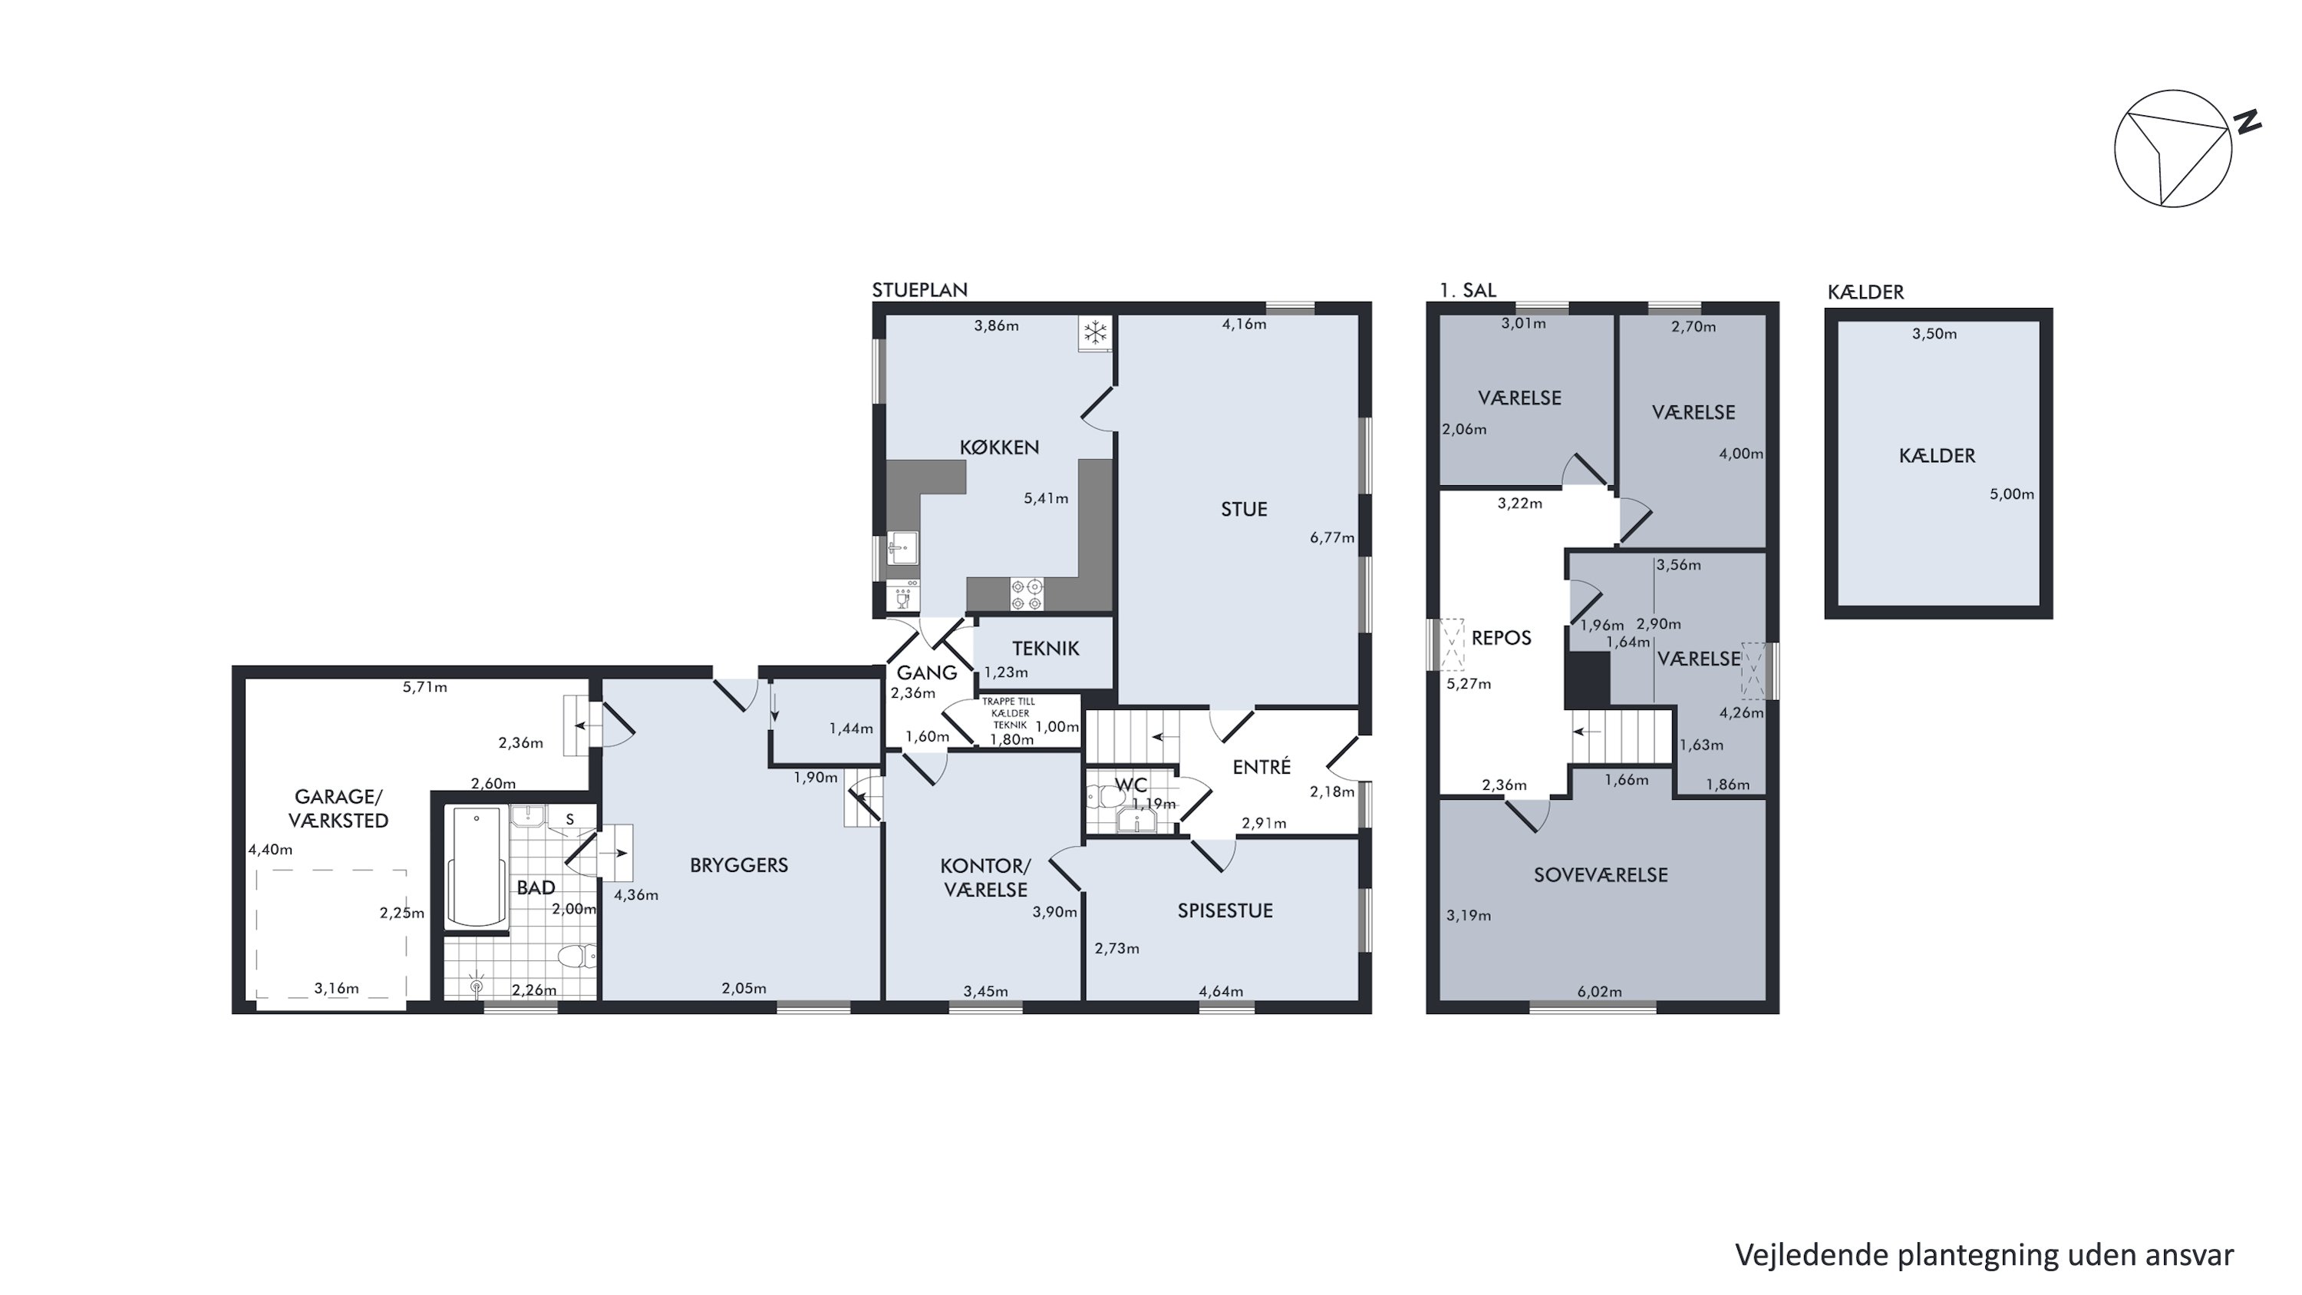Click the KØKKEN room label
(999, 447)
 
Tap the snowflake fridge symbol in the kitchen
(1096, 333)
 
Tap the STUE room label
(1244, 510)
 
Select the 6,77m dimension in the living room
(1332, 538)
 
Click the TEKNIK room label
(1046, 649)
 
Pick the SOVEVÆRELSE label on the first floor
(1601, 875)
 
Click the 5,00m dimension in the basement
(2012, 494)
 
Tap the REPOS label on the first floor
(1502, 638)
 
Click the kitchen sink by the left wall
(902, 547)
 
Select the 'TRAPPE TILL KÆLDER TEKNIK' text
(1010, 713)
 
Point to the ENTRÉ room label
(1261, 767)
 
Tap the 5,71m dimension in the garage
(424, 687)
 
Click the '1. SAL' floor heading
(1468, 290)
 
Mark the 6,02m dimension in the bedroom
(1600, 991)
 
